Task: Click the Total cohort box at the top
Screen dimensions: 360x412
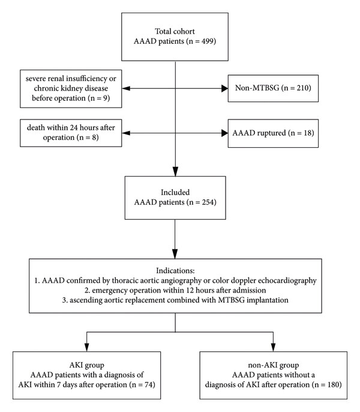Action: [x=175, y=37]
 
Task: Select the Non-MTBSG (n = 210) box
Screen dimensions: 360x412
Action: [x=273, y=88]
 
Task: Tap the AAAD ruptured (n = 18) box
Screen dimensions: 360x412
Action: [x=273, y=133]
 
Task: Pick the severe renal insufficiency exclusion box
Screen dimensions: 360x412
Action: [x=71, y=89]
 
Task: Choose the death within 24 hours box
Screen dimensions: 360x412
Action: [x=71, y=133]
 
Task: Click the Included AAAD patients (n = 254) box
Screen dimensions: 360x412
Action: [x=175, y=198]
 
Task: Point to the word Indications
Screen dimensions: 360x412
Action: [x=175, y=271]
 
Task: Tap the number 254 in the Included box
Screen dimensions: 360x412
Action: [x=208, y=202]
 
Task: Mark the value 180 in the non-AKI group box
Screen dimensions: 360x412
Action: [x=332, y=384]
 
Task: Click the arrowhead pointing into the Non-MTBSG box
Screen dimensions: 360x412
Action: [x=225, y=88]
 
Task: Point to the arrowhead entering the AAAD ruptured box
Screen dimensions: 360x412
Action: [x=225, y=133]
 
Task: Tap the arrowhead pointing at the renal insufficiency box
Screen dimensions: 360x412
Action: [x=126, y=88]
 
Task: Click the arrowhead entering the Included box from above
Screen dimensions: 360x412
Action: [x=175, y=172]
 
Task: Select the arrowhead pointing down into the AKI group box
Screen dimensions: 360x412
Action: [x=86, y=347]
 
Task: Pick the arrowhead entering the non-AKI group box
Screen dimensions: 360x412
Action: [x=273, y=347]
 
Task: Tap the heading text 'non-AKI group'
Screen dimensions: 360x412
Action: [x=274, y=365]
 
